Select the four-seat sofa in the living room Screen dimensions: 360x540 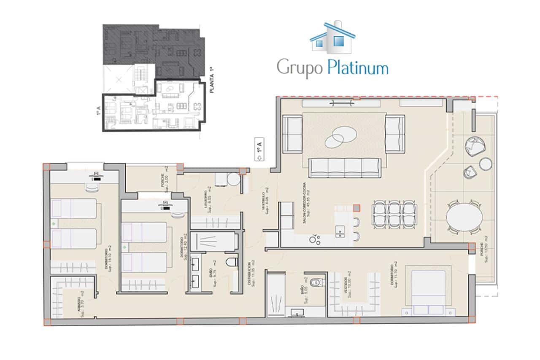(345, 168)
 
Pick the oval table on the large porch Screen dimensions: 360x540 (464, 217)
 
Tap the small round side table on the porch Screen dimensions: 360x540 (486, 164)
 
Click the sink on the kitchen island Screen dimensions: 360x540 (339, 231)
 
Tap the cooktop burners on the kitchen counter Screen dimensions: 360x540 (314, 240)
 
